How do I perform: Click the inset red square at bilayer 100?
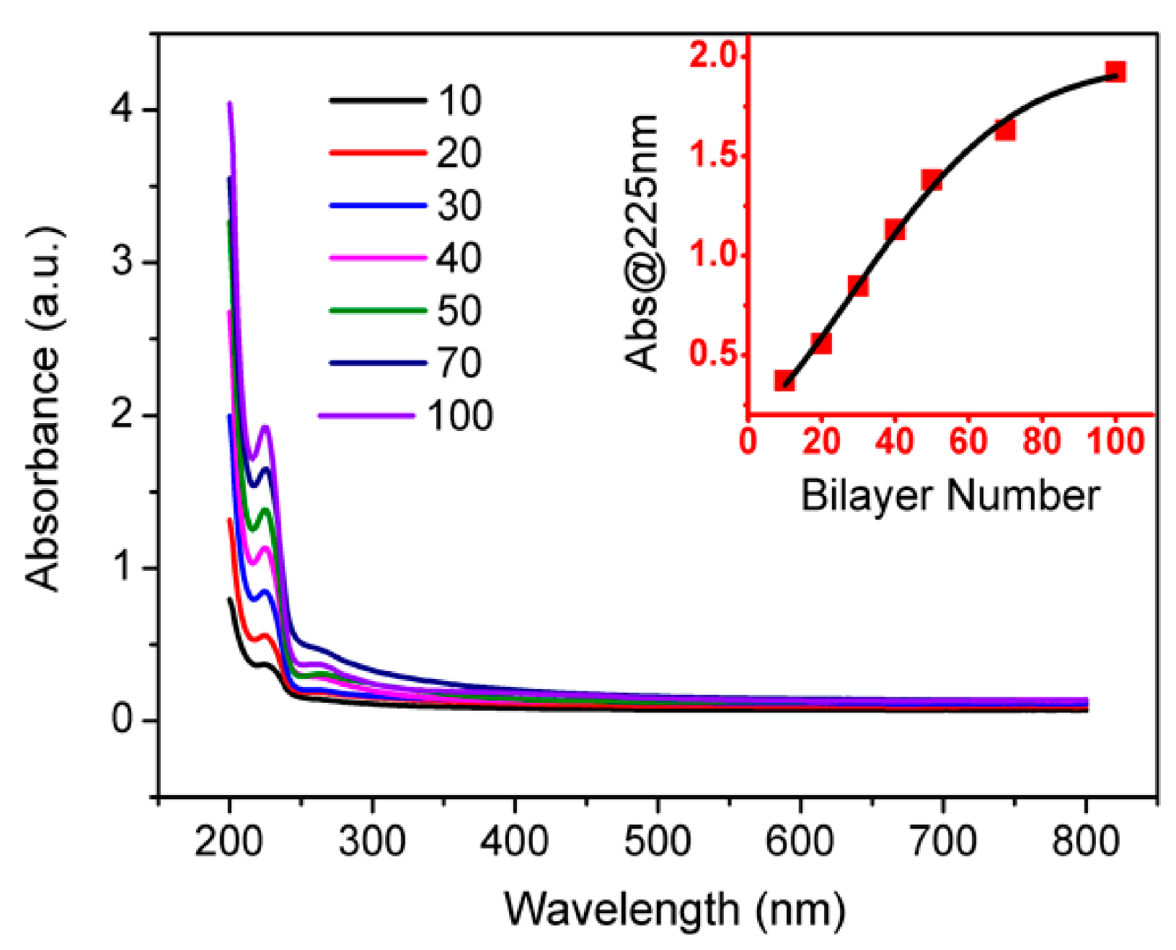1115,72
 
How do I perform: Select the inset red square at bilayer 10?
784,380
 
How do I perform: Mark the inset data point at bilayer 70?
1004,130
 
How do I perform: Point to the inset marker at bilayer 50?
931,180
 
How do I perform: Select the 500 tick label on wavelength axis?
657,840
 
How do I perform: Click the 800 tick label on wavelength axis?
1085,840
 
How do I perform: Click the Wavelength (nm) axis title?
674,909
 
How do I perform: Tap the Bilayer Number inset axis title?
950,496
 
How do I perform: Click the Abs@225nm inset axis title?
641,242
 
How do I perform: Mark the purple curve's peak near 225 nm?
265,427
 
